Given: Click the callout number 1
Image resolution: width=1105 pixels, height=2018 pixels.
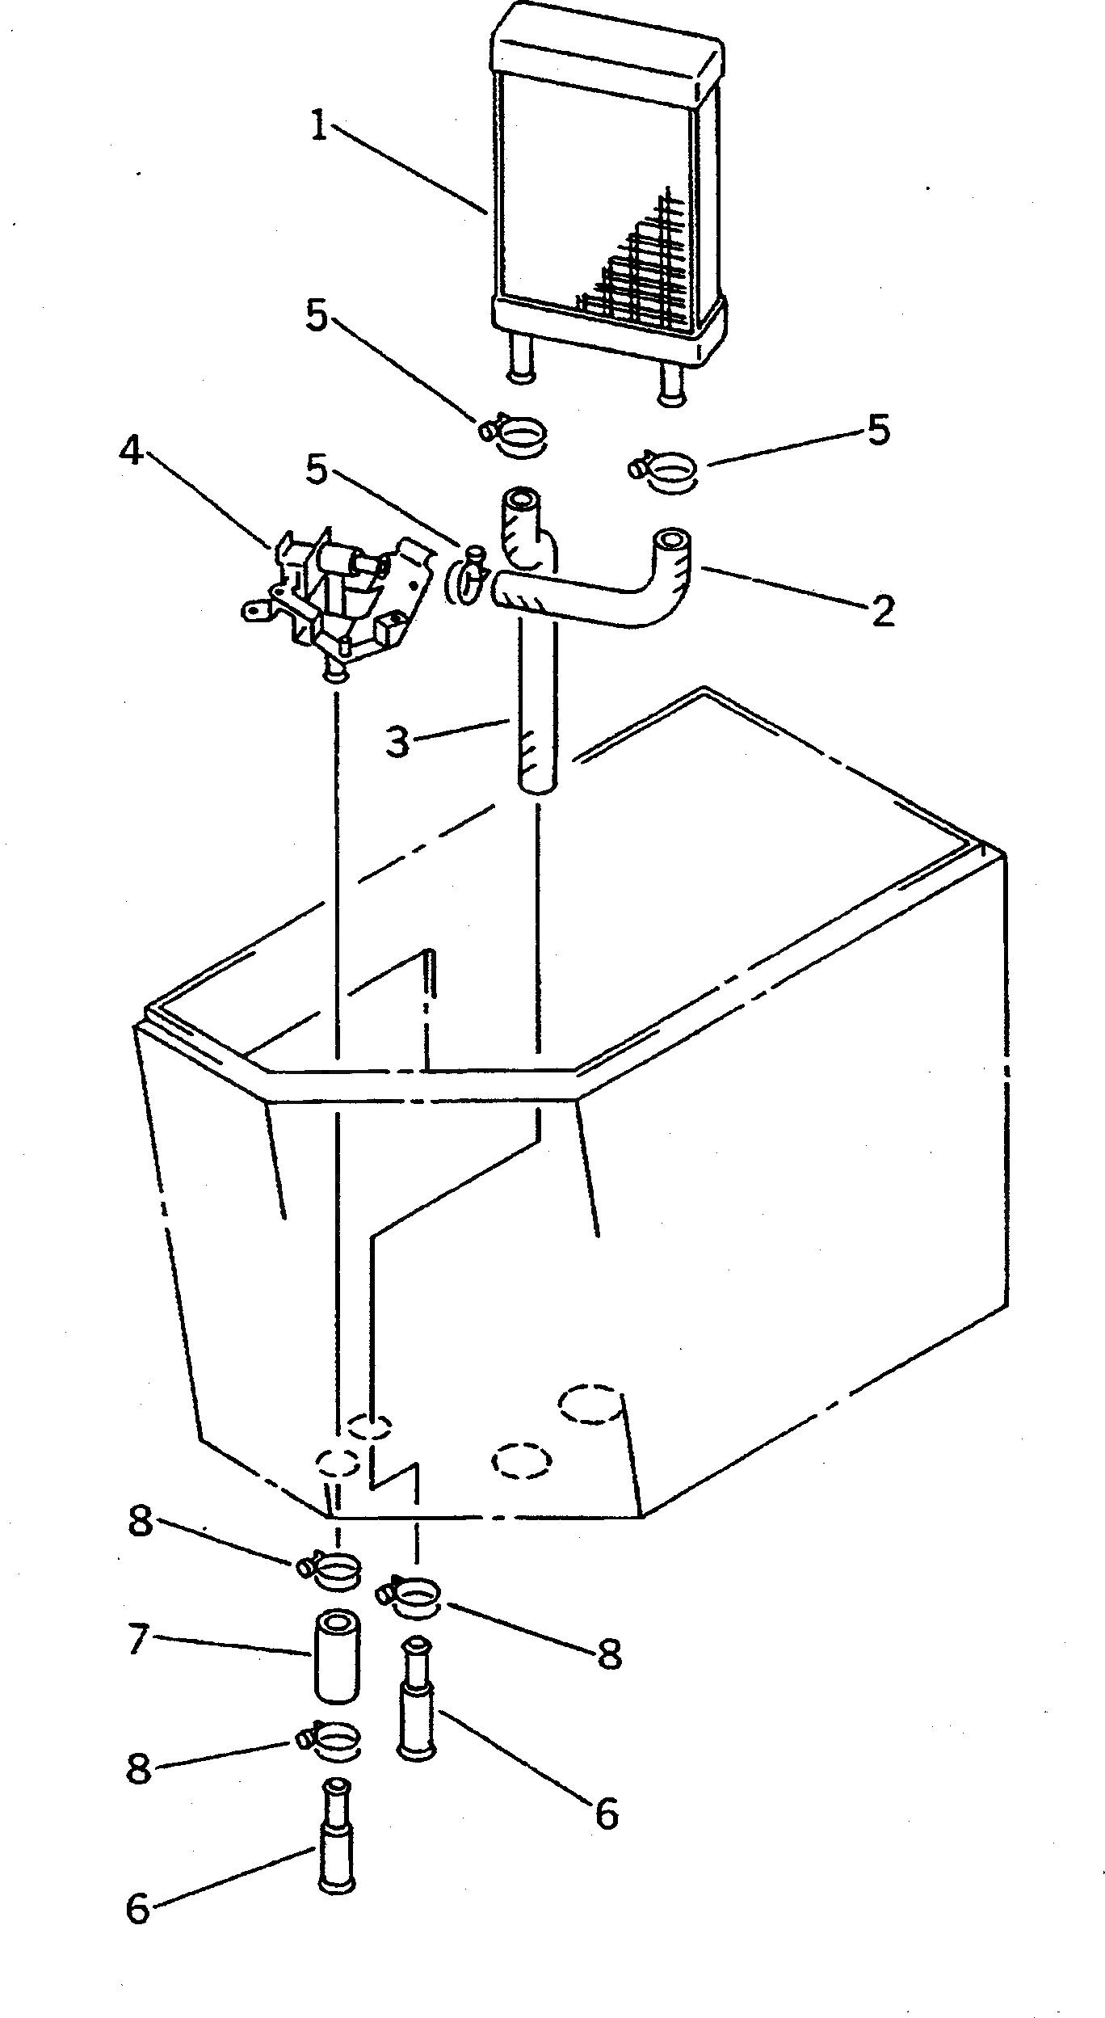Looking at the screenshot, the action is pyautogui.click(x=321, y=128).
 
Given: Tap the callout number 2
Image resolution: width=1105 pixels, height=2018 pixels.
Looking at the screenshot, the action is pyautogui.click(x=883, y=612).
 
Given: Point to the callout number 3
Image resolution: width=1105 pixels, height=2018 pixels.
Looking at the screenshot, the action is pyautogui.click(x=397, y=742).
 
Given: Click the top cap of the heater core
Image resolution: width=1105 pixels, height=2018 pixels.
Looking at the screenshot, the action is pyautogui.click(x=607, y=49).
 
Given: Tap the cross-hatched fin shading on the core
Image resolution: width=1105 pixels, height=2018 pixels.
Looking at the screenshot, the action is pyautogui.click(x=638, y=267).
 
